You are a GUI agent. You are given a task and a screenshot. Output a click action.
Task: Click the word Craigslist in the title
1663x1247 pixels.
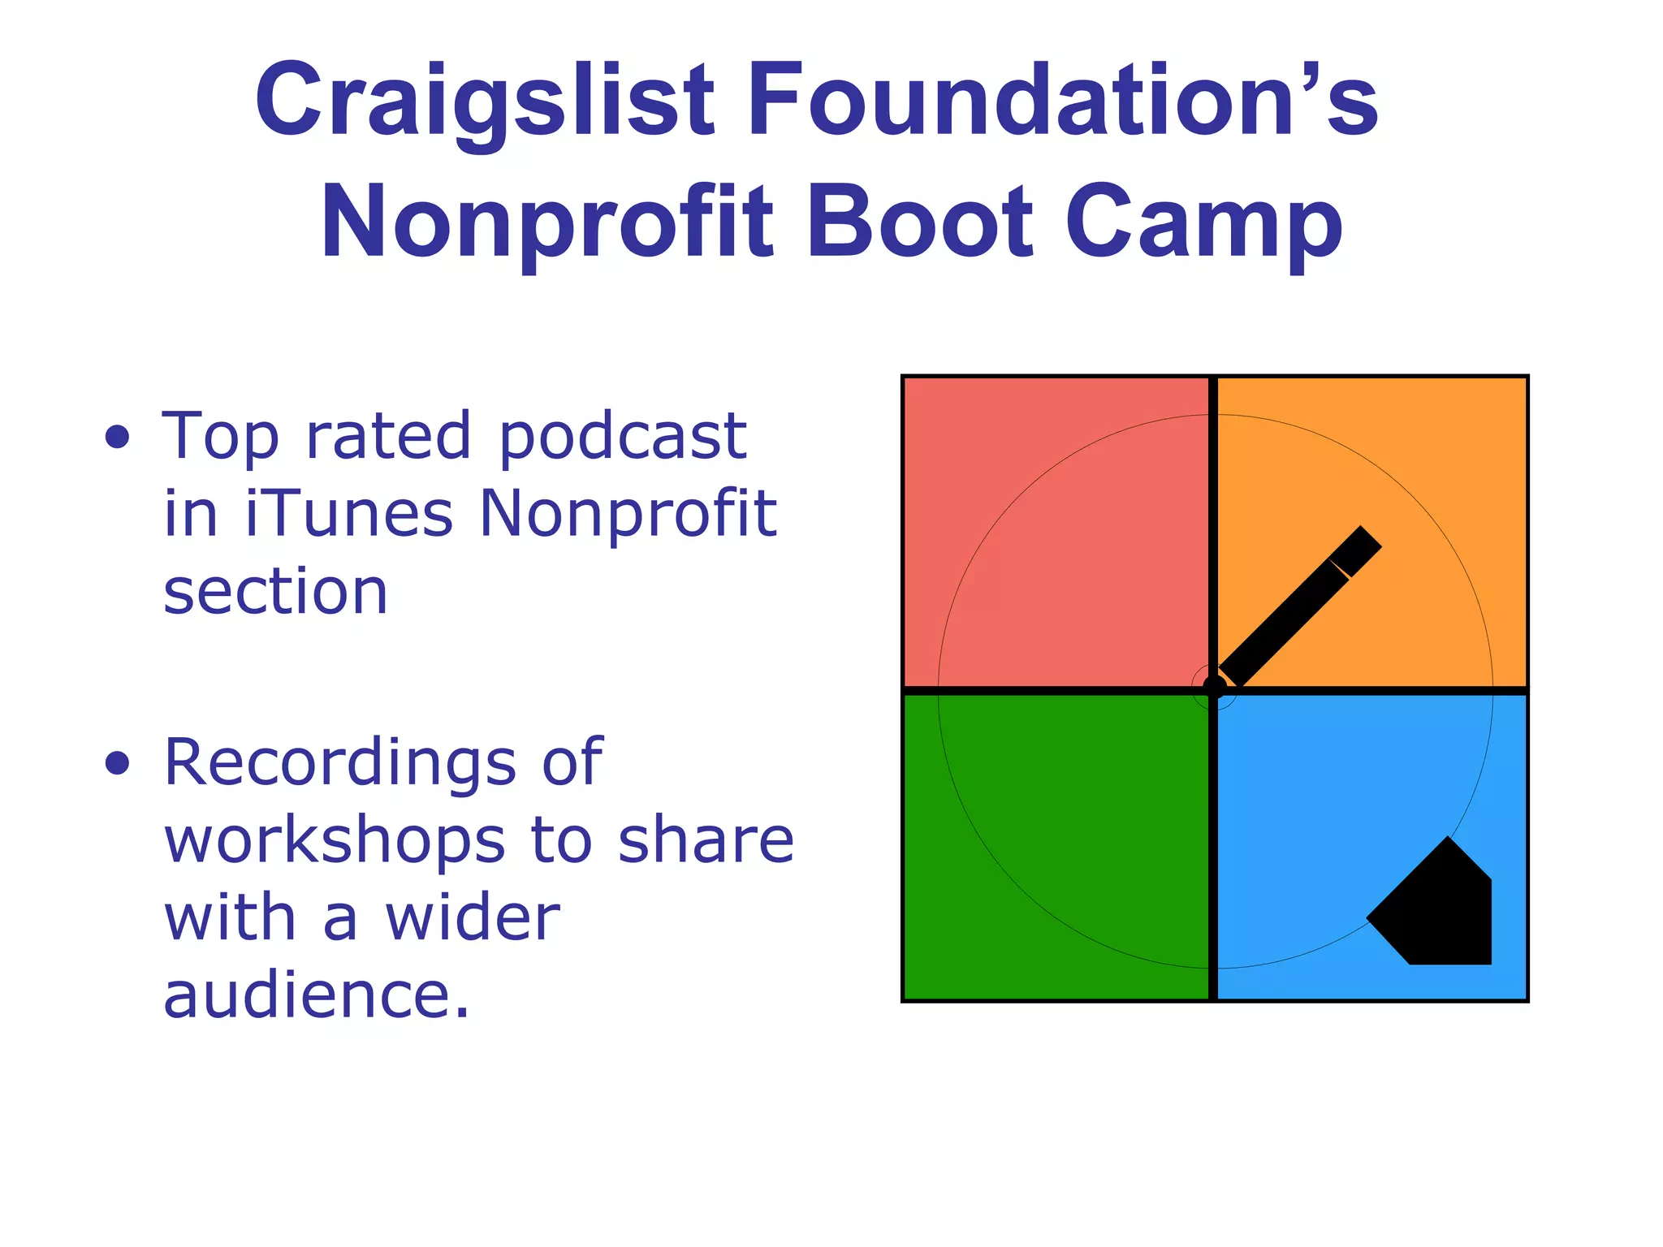485,101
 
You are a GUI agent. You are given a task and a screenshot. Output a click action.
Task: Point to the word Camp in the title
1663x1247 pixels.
1203,223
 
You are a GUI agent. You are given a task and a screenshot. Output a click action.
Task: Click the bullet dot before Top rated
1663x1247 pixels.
118,437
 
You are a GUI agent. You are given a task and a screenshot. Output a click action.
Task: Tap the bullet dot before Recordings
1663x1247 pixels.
118,763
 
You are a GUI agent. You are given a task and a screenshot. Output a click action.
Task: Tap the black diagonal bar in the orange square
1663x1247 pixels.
1299,606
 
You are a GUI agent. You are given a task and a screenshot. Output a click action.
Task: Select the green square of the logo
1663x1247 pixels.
1056,844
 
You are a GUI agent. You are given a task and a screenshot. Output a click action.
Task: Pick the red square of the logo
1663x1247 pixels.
1056,532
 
